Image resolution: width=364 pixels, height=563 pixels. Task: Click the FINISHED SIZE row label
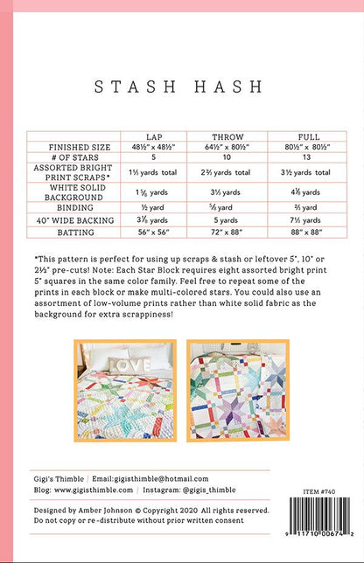pos(73,148)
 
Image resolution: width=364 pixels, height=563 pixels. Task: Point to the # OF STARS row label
pos(73,157)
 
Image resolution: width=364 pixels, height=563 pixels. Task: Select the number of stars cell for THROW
pos(227,157)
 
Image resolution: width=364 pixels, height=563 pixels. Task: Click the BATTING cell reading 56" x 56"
pos(158,234)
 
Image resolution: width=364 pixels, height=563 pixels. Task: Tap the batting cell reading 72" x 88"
pos(227,234)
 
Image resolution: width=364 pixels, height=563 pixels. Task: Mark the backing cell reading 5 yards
pos(227,221)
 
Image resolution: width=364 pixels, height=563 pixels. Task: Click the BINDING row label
pos(73,208)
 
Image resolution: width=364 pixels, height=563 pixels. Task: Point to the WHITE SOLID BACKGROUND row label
pos(73,192)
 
